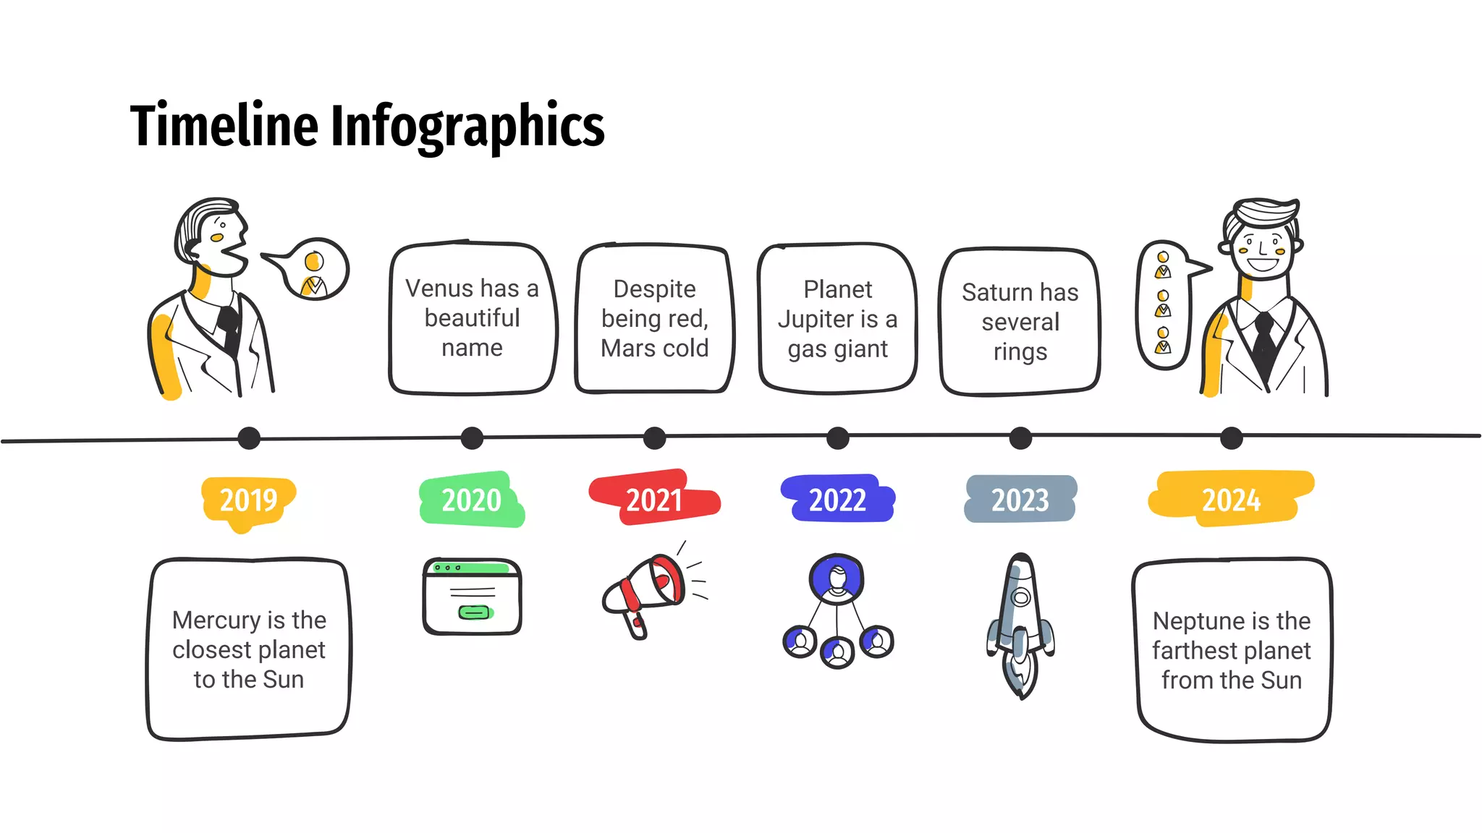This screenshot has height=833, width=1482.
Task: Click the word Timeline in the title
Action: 224,126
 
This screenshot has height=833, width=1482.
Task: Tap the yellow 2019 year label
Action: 248,500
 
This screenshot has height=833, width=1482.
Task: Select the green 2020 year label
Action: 471,500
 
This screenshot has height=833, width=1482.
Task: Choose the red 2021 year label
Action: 653,500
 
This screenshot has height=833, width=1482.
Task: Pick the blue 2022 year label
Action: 837,500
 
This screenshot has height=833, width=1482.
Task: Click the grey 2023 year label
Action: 1020,500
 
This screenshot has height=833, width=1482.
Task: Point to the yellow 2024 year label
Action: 1231,500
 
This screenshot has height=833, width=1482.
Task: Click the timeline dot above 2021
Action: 654,438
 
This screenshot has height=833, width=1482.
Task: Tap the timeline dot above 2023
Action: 1020,438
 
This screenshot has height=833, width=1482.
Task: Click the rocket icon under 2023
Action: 1020,625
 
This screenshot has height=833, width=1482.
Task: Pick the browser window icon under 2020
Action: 472,597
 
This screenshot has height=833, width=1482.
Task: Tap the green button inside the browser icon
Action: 475,613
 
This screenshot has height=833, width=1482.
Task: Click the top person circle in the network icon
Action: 837,579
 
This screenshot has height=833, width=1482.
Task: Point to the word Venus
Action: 439,289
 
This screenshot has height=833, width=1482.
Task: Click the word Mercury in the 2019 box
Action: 216,620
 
